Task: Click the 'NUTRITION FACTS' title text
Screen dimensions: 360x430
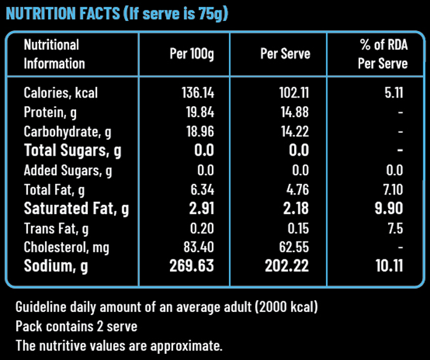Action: coord(62,14)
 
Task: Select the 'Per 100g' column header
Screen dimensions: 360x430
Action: coord(192,54)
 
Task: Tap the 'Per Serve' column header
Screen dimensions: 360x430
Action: coord(285,54)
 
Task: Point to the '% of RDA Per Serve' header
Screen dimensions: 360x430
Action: coord(382,54)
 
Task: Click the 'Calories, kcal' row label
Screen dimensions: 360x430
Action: coord(61,93)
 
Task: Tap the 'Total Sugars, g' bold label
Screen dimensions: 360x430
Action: coord(73,151)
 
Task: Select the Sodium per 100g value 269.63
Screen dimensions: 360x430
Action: coord(192,267)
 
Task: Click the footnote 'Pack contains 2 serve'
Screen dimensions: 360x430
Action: coord(76,325)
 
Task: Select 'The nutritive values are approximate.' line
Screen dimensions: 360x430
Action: coord(119,345)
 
